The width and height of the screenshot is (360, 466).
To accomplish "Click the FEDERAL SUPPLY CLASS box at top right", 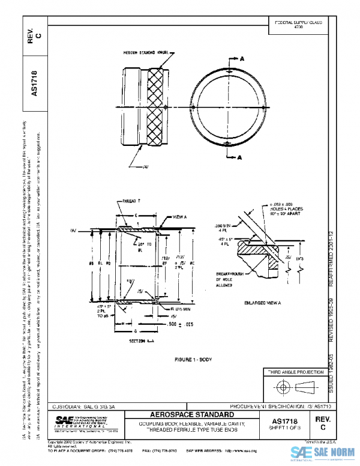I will pyautogui.click(x=298, y=24).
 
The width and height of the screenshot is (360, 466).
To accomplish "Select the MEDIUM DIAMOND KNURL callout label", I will pyautogui.click(x=145, y=53).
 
